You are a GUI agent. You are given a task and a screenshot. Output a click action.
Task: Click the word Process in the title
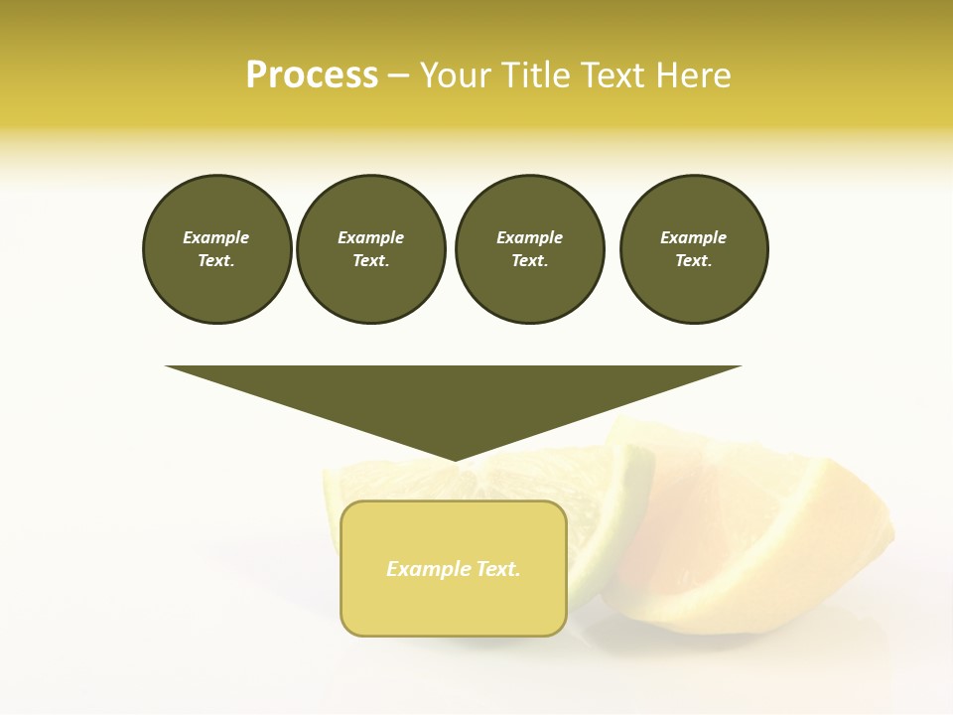312,75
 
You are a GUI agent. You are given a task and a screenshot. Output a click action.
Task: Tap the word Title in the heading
532,75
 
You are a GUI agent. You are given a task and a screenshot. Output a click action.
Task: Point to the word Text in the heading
613,75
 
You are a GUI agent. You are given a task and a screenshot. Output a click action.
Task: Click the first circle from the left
216,249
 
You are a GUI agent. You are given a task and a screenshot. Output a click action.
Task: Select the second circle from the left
370,249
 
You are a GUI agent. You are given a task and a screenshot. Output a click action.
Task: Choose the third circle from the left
529,249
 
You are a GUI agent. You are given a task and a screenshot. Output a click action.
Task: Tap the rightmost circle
693,249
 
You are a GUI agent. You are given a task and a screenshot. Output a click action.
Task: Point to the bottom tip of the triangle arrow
455,460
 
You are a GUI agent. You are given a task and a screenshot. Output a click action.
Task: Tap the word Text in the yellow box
498,569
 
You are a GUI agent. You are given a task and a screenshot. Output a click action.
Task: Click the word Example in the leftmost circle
216,237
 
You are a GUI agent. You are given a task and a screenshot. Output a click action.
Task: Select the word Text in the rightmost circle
693,261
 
